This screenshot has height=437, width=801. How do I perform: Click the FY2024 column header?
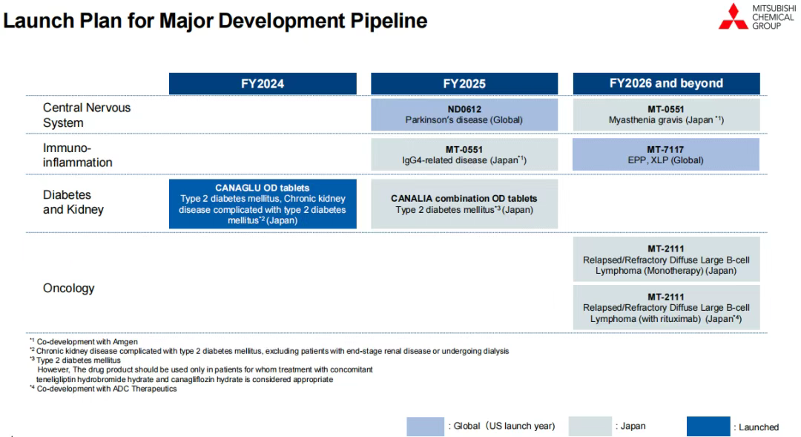pyautogui.click(x=263, y=84)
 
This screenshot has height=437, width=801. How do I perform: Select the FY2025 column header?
pyautogui.click(x=464, y=84)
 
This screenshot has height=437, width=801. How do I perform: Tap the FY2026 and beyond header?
pyautogui.click(x=666, y=84)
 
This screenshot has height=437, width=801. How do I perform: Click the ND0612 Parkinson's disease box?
pyautogui.click(x=464, y=114)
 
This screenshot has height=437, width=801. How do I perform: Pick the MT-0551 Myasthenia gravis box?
pyautogui.click(x=666, y=114)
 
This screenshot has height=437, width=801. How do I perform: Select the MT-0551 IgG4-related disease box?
pyautogui.click(x=464, y=154)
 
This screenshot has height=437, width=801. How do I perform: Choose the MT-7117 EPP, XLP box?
pyautogui.click(x=666, y=154)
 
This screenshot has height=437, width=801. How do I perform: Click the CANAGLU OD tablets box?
pyautogui.click(x=263, y=204)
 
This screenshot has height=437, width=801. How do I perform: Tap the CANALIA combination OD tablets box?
pyautogui.click(x=464, y=204)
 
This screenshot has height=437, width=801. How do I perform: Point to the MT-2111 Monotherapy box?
pyautogui.click(x=666, y=259)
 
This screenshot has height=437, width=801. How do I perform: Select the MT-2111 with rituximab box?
pyautogui.click(x=666, y=307)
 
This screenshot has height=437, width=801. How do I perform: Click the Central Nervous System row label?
pyautogui.click(x=87, y=115)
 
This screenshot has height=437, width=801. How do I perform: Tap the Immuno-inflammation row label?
pyautogui.click(x=78, y=155)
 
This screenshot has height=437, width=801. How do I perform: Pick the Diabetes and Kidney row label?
pyautogui.click(x=73, y=202)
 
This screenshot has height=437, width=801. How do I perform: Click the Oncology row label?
pyautogui.click(x=69, y=289)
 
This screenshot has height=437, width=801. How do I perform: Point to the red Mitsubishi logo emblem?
pyautogui.click(x=733, y=16)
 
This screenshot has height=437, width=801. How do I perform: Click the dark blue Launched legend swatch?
pyautogui.click(x=708, y=427)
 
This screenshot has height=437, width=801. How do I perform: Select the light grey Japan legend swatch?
pyautogui.click(x=590, y=427)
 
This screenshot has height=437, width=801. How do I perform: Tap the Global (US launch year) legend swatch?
pyautogui.click(x=426, y=427)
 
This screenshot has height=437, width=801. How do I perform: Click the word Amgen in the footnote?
pyautogui.click(x=125, y=342)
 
